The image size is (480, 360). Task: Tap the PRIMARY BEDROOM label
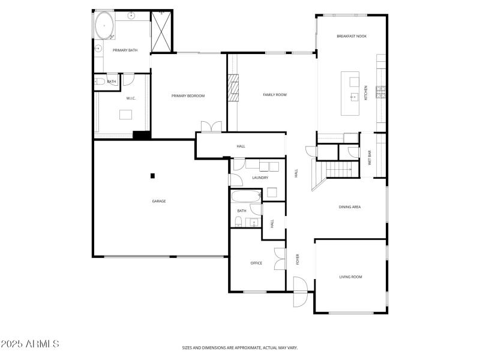point(188,96)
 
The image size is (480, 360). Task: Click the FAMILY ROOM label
point(275,95)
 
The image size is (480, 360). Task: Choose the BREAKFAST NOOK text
point(352,36)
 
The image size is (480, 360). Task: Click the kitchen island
point(350,93)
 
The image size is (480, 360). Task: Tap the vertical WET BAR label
point(370,157)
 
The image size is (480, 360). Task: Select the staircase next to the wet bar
point(340,171)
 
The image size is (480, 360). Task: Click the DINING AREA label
point(349,207)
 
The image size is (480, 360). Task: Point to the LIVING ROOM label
point(350,277)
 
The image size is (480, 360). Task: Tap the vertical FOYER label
point(297,259)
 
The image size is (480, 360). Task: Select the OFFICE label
point(256,263)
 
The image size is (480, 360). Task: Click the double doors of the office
point(279,259)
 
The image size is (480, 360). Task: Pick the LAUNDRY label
point(260,178)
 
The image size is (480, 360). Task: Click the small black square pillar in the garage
point(152,176)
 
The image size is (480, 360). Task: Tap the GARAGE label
point(158,201)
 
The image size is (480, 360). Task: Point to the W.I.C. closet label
point(131,98)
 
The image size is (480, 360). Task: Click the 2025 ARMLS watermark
point(30,344)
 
